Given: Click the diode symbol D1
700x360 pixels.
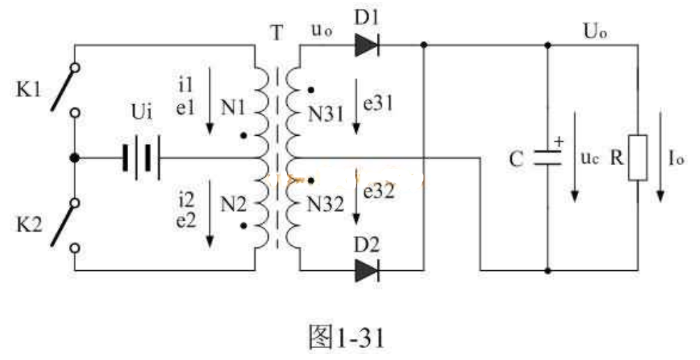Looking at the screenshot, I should point(366,46).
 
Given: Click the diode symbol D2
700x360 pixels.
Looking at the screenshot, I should point(366,269).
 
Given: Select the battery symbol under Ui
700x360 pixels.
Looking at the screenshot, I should point(141,158).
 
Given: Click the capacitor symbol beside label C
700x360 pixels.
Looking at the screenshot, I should point(547,158).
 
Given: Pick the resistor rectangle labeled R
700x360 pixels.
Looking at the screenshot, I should point(637,158).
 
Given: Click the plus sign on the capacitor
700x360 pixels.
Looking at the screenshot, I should point(558,142).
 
